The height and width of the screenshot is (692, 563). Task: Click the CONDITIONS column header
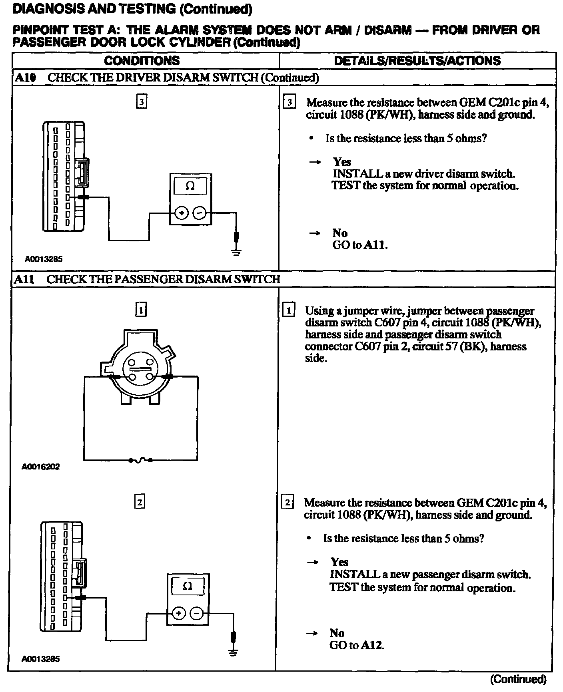pos(142,61)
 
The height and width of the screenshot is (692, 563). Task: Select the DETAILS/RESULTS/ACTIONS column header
pos(417,61)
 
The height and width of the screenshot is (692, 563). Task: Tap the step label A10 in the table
pos(25,78)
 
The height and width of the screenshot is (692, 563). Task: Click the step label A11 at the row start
pos(24,279)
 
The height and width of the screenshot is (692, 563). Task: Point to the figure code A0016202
pos(41,467)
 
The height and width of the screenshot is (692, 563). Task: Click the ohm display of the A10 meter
pos(191,186)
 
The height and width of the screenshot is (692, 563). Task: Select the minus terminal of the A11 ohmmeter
pos(196,613)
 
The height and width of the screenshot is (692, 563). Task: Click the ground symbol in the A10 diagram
pos(237,252)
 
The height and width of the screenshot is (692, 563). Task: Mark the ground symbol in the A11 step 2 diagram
pos(234,653)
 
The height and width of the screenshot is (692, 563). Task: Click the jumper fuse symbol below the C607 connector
pos(140,460)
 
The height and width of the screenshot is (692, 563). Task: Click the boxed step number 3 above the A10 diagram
pos(141,102)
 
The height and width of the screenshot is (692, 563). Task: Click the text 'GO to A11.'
pos(360,245)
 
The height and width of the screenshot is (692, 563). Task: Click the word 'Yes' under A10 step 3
pos(342,162)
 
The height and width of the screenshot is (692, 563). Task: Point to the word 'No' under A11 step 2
pos(337,633)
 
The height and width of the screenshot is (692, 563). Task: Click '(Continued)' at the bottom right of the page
pos(518,679)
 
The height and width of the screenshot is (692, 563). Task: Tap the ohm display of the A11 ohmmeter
pos(187,586)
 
